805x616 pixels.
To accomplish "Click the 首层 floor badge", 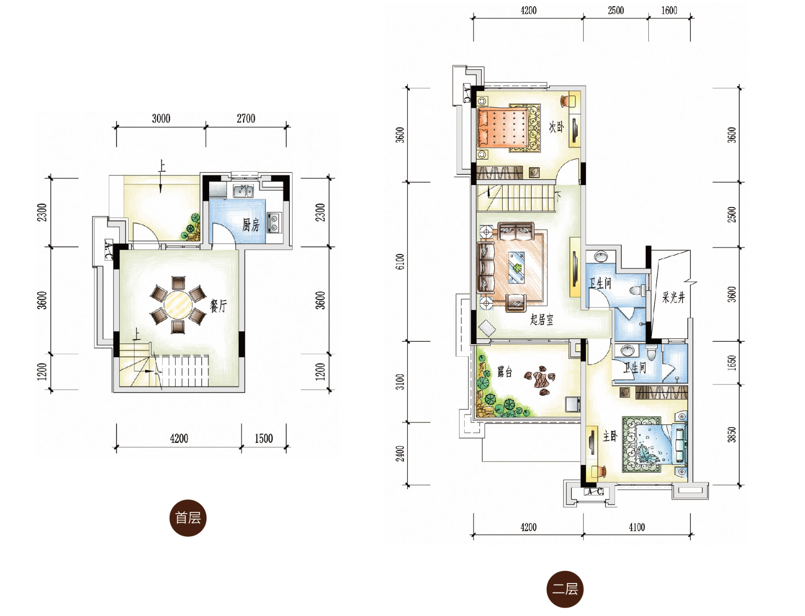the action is point(188,518).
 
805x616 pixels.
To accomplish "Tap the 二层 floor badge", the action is point(565,589).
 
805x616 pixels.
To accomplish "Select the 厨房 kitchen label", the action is point(251,225).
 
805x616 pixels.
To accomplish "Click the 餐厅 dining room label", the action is point(218,306).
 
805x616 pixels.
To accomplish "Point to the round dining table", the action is point(178,305).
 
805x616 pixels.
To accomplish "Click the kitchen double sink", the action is point(243,191).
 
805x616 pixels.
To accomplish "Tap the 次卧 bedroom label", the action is point(556,127).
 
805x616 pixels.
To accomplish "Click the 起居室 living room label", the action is point(542,319).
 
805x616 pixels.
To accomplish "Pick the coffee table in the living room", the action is point(517,268).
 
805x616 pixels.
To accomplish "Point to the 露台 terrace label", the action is point(505,372).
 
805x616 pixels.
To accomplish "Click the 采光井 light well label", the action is point(673,297).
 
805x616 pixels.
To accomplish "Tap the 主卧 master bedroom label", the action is point(610,436).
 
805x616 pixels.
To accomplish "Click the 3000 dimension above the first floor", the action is point(161,118).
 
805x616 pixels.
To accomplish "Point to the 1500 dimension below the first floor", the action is point(263,438).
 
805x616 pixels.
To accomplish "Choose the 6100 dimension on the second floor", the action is point(400,261).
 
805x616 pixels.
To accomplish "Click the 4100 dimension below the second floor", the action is point(637,527).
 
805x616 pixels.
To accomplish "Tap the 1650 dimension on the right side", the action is point(732,363).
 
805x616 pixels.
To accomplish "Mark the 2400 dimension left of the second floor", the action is point(400,454).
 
